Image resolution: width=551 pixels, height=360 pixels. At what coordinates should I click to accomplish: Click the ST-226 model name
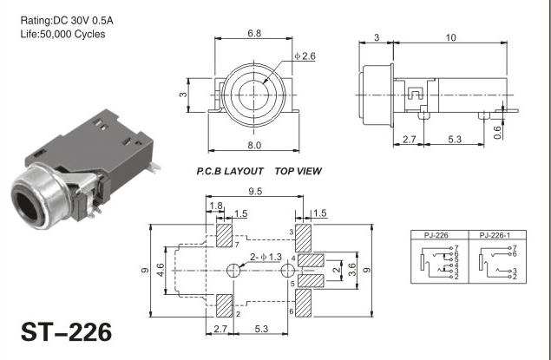click(67, 332)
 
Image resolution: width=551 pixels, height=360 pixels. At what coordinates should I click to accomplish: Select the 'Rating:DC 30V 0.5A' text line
click(67, 21)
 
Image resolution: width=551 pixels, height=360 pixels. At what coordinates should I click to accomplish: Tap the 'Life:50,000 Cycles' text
click(62, 35)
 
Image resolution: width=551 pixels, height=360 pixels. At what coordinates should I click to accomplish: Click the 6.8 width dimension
click(254, 33)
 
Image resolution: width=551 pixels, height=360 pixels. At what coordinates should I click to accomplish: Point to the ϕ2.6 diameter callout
click(305, 56)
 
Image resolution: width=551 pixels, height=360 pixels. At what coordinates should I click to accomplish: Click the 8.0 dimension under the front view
click(254, 145)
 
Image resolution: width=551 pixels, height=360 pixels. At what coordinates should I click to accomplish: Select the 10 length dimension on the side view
click(450, 37)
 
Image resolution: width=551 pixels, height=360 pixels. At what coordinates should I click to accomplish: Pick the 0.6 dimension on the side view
click(497, 133)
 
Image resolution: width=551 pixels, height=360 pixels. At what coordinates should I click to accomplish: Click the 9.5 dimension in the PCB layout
click(255, 192)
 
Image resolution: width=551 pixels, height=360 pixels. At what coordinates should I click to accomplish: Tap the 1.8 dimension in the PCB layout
click(216, 206)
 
